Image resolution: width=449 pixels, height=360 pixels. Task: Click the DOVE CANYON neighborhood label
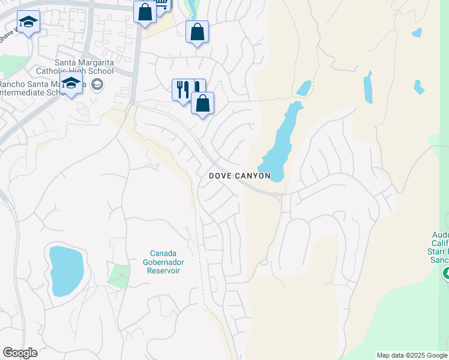(x=240, y=176)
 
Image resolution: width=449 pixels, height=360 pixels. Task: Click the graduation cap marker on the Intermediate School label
(x=71, y=85)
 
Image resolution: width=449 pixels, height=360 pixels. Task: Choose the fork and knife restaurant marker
(x=183, y=89)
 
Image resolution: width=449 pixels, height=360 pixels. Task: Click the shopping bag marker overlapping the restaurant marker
(x=203, y=103)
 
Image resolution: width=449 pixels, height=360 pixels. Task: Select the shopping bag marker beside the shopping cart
(x=145, y=12)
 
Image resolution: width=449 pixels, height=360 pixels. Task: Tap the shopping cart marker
(x=162, y=4)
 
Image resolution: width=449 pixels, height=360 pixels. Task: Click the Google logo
(x=20, y=353)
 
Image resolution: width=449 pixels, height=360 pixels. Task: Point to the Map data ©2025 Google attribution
(x=412, y=355)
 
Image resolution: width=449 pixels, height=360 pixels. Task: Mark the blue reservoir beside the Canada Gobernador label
(x=66, y=271)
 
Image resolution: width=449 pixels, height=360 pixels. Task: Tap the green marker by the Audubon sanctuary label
(x=446, y=274)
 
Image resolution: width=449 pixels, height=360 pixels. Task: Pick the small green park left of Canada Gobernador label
(x=119, y=276)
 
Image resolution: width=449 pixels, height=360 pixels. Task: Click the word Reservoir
(x=164, y=271)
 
